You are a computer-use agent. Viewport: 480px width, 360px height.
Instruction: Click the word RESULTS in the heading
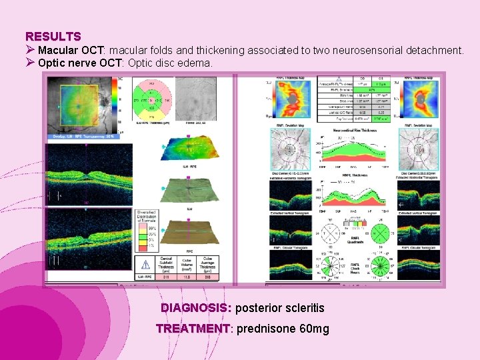(53, 37)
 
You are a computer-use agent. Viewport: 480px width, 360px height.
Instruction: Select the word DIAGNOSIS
(195, 308)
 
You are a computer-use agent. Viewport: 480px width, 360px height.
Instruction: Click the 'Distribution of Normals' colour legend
(146, 230)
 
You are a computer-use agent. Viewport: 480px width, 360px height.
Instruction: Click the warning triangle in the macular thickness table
(145, 265)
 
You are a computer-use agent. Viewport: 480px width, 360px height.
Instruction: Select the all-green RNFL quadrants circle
(380, 234)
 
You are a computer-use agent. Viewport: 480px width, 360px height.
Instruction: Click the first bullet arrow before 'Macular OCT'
(30, 50)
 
